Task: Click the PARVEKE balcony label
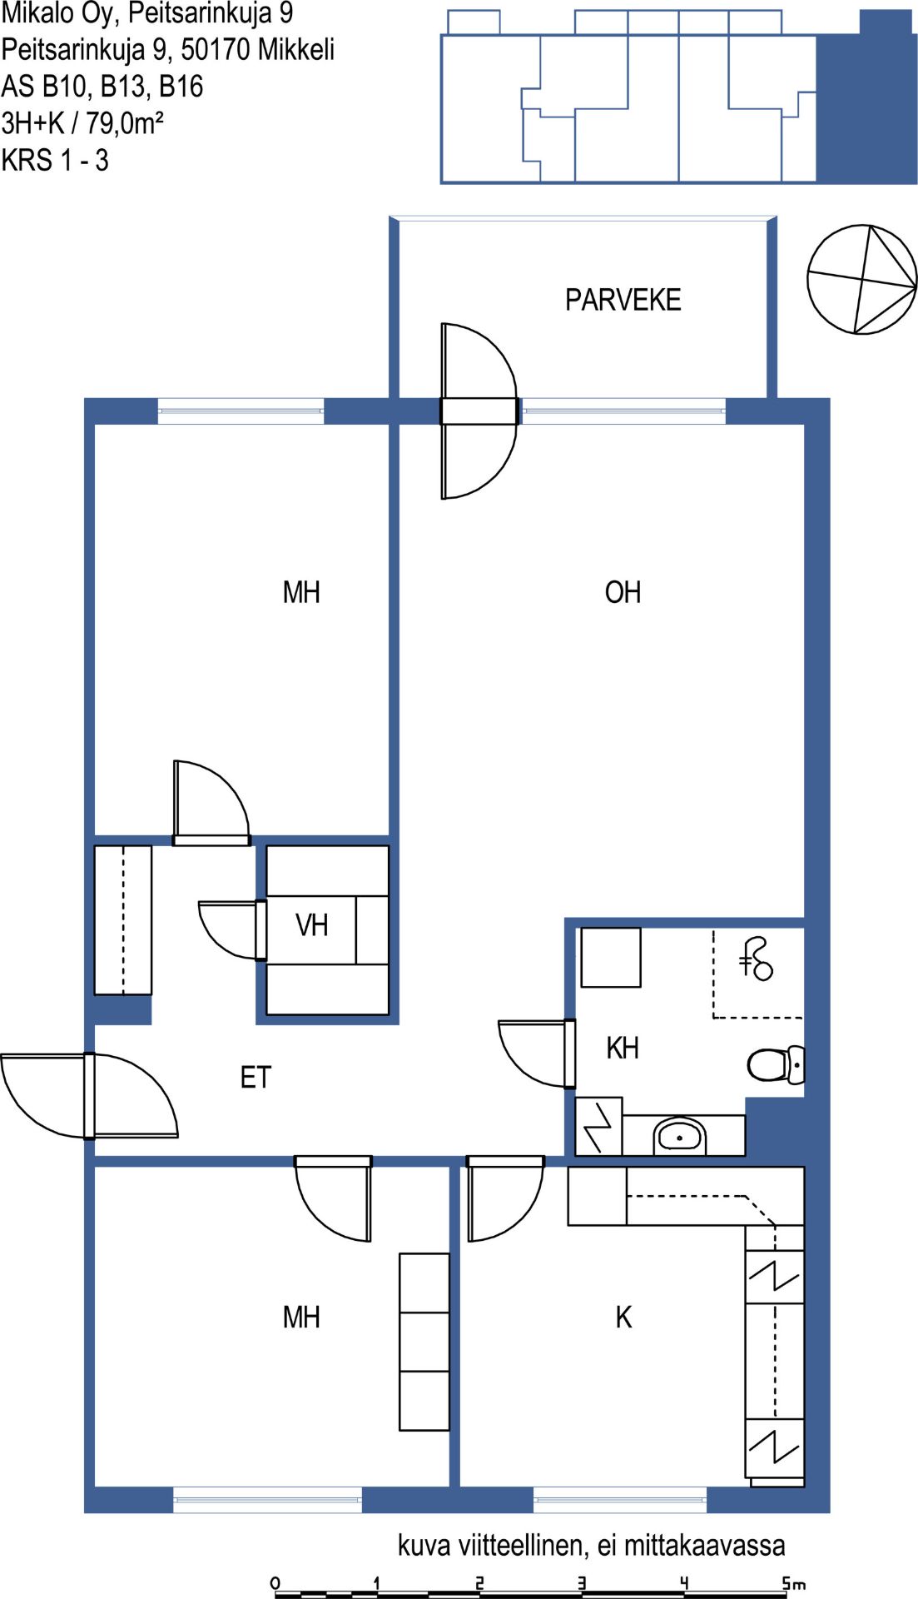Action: tap(623, 300)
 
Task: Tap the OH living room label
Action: tap(623, 592)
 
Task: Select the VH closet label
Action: tap(312, 924)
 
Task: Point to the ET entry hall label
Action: tap(256, 1078)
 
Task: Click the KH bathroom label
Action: tap(623, 1048)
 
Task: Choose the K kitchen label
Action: tap(623, 1317)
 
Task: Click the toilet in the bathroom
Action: tap(776, 1064)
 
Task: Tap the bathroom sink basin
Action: tap(680, 1136)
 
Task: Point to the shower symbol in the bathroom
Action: tap(757, 959)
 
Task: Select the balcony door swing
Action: tap(479, 411)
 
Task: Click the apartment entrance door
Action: tap(90, 1095)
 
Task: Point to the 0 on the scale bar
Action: tap(275, 1583)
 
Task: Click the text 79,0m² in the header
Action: tap(125, 123)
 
